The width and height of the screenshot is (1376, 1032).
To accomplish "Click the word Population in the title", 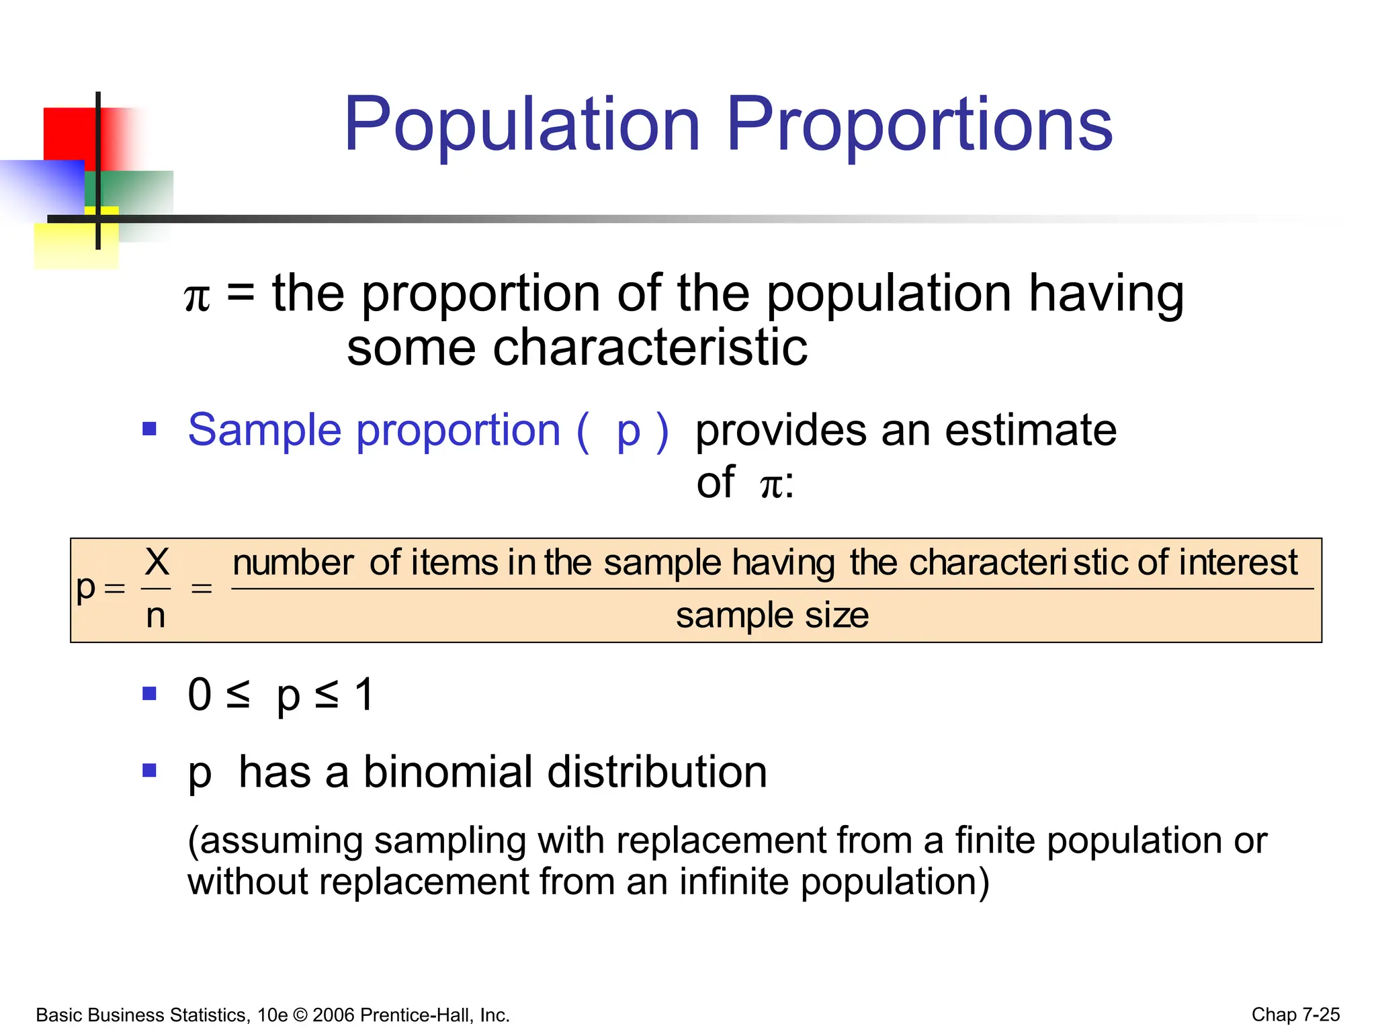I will click(x=522, y=125).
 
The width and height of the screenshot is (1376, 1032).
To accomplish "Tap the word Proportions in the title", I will click(x=919, y=125).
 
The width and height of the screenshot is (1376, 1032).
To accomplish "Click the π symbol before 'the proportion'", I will click(x=197, y=297).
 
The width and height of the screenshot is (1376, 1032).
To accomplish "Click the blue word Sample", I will click(x=264, y=430).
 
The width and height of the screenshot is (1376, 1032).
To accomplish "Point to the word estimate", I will click(x=1031, y=430).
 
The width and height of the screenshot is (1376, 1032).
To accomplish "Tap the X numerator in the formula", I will click(x=157, y=562).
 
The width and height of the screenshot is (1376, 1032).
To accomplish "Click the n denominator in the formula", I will click(x=155, y=615).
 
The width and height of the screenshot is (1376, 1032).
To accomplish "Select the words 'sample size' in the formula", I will click(x=772, y=615).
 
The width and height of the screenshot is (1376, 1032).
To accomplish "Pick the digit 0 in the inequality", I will click(x=200, y=695).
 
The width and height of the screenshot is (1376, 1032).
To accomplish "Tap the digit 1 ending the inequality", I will click(x=364, y=695).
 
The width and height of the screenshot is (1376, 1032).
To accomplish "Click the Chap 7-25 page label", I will click(x=1295, y=1015).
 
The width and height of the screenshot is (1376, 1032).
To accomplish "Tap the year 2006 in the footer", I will click(x=334, y=1015).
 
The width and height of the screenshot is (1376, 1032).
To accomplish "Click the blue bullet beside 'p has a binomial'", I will click(x=149, y=770).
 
